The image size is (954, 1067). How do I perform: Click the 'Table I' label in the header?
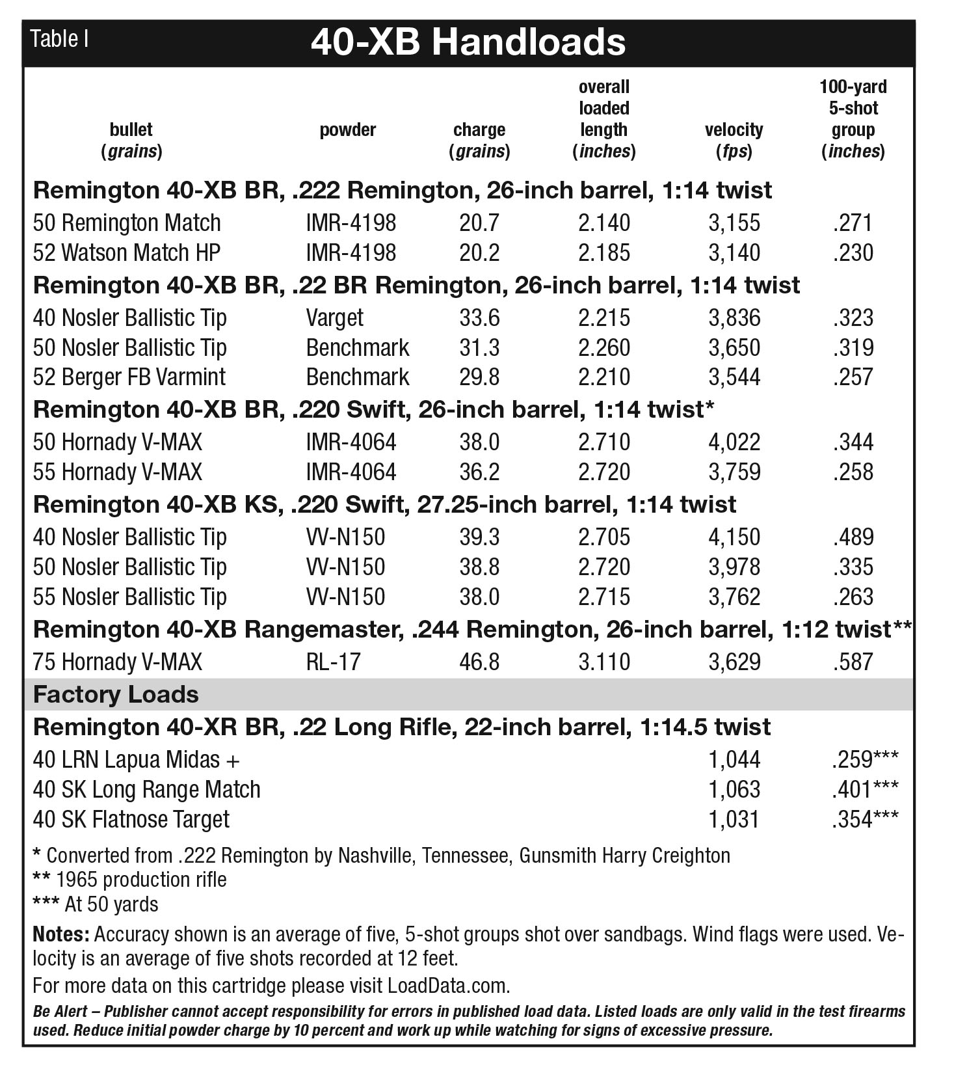[60, 40]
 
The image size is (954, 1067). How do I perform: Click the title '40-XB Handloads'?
[468, 42]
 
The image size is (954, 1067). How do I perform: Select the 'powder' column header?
[347, 129]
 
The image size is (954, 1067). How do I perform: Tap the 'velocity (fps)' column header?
[734, 140]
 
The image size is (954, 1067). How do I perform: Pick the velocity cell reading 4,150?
[734, 537]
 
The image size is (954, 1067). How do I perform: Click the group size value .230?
[853, 253]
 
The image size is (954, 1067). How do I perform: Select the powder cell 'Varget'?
[334, 318]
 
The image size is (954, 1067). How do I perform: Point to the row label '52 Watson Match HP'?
[127, 253]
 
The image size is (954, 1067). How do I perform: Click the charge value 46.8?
[479, 662]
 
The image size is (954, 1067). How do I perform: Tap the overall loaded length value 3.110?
[603, 662]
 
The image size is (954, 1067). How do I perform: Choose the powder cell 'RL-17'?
[333, 662]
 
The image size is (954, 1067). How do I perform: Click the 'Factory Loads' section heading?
[116, 695]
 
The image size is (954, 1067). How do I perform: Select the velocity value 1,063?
[734, 790]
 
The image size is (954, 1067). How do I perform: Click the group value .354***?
[864, 820]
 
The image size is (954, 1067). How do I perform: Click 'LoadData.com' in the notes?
[448, 986]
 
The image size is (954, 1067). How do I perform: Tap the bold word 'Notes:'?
[61, 935]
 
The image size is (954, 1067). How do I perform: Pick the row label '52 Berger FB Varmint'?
[129, 377]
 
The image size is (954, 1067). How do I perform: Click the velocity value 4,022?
[734, 442]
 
